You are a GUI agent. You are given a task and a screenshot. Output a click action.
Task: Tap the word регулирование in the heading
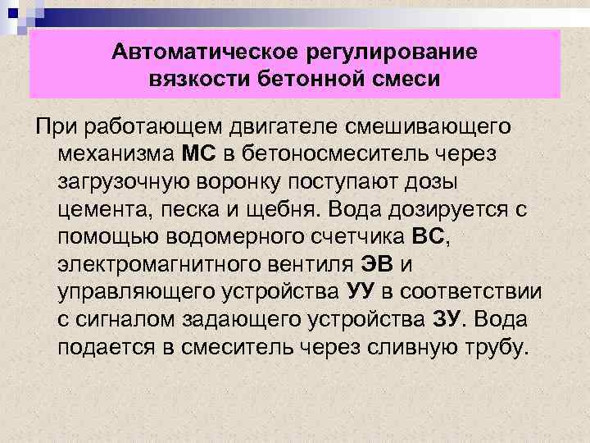(x=388, y=53)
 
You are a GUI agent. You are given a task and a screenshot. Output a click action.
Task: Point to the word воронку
(x=262, y=180)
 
